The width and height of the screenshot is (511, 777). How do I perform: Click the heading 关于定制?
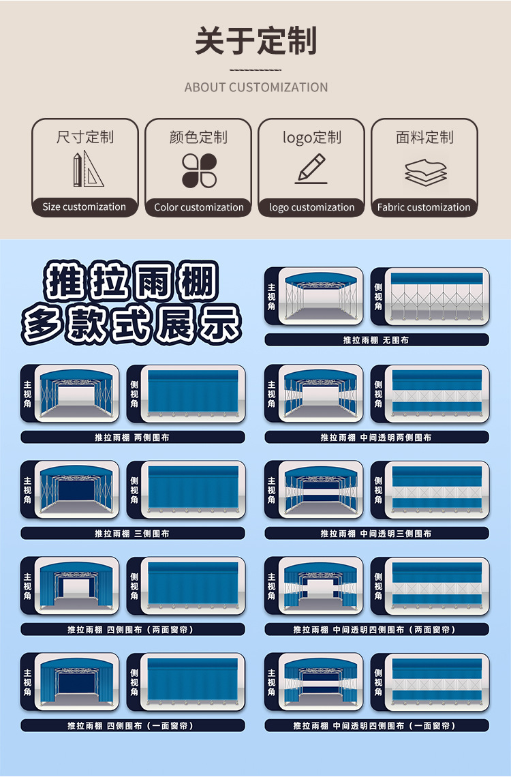(x=255, y=41)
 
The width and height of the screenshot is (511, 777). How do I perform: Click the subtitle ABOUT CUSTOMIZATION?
(x=256, y=87)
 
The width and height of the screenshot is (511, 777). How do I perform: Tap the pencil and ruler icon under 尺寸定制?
(x=88, y=169)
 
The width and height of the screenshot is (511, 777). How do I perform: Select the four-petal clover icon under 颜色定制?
(x=199, y=170)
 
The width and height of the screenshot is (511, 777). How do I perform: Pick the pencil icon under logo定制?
(x=311, y=168)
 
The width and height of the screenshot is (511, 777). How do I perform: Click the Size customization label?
(x=84, y=207)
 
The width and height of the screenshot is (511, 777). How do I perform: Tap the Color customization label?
(x=199, y=207)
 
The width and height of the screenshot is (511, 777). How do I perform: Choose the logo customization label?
(x=312, y=207)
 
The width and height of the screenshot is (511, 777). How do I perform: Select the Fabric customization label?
(x=424, y=207)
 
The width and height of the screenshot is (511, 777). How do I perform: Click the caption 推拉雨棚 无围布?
(x=376, y=340)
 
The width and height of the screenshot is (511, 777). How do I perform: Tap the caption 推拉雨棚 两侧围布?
(x=132, y=437)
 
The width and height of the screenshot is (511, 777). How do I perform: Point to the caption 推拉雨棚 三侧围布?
(x=132, y=533)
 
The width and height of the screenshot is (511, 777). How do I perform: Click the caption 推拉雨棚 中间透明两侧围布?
(x=376, y=437)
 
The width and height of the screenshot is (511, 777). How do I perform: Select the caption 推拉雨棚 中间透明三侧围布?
(x=376, y=533)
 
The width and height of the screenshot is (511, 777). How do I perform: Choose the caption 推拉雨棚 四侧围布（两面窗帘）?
(x=132, y=629)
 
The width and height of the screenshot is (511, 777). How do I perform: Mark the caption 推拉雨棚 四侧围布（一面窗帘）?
(x=132, y=725)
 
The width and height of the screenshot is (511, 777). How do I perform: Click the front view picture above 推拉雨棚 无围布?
(x=320, y=296)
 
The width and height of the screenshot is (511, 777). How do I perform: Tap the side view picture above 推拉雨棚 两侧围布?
(x=193, y=393)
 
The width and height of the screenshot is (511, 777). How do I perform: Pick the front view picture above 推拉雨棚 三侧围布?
(x=77, y=489)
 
